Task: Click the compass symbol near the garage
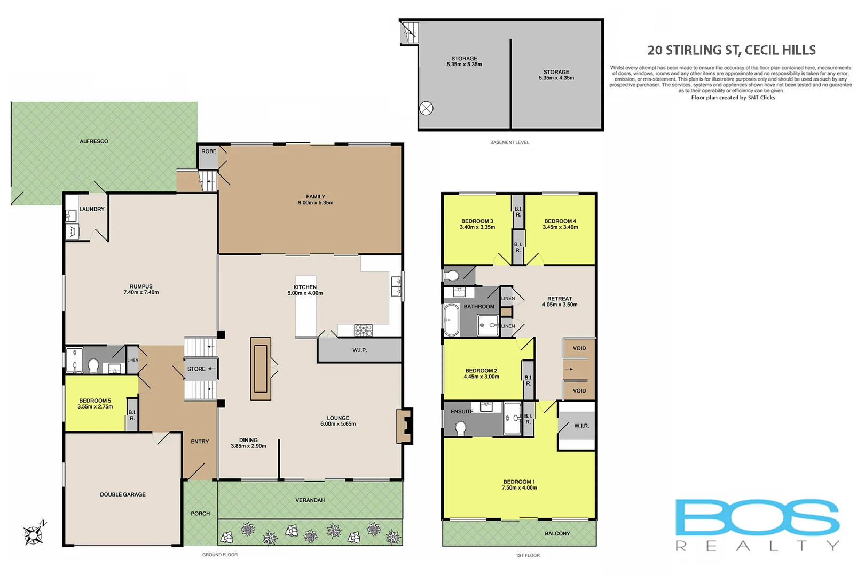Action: tap(34, 533)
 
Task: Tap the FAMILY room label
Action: tap(316, 199)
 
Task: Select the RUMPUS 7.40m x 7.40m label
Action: tap(141, 290)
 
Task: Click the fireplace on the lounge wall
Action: tap(405, 426)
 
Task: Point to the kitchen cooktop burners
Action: tap(364, 331)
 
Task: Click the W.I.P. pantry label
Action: tap(359, 350)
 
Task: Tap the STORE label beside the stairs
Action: tap(196, 369)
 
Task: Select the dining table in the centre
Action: tap(261, 369)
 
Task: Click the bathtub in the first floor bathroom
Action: tap(452, 320)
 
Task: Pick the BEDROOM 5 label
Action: tap(95, 403)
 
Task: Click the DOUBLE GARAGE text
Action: tap(123, 494)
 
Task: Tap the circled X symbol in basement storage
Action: tap(426, 108)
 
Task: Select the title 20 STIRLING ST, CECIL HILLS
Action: tap(731, 50)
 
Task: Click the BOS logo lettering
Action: tap(757, 517)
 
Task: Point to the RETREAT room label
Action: tap(560, 301)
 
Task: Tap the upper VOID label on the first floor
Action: tap(579, 348)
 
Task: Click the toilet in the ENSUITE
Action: tap(460, 427)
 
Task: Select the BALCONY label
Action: tap(557, 533)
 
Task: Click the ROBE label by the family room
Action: tap(209, 151)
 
